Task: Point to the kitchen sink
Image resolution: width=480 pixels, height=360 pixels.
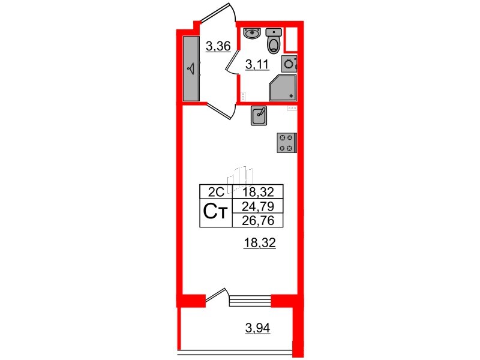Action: click(x=260, y=116)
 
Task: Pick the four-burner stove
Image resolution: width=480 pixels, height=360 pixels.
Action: click(x=286, y=142)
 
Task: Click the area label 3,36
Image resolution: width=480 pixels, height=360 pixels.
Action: click(x=217, y=46)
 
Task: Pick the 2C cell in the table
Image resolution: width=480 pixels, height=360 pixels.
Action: click(x=215, y=193)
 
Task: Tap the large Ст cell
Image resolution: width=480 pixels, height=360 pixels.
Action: click(x=215, y=213)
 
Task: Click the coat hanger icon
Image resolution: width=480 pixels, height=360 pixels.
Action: click(x=191, y=68)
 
